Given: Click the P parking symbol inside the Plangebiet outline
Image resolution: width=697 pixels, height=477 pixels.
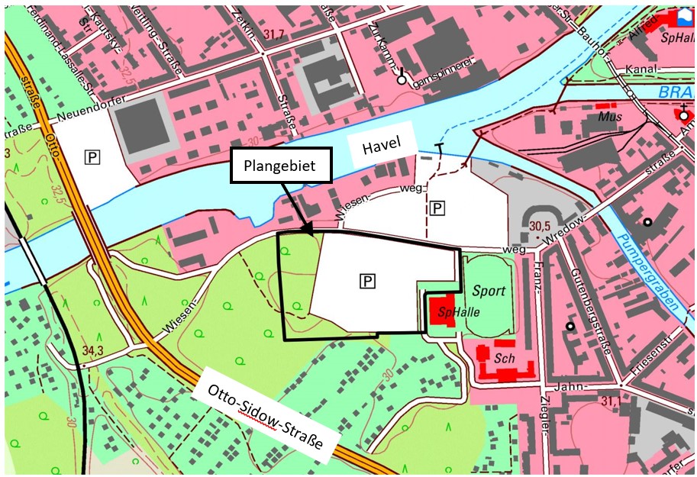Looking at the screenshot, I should click(x=368, y=282).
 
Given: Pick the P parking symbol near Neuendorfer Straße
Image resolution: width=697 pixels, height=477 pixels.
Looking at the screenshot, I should click(x=92, y=158).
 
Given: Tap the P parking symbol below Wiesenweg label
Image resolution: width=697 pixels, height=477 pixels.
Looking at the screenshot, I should click(x=437, y=207).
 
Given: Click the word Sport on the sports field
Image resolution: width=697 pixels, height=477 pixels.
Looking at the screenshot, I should click(x=488, y=291).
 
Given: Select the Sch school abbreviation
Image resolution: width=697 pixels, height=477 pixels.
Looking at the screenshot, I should click(x=502, y=357).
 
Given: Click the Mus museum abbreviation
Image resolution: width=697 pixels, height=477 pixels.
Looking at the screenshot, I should click(x=611, y=118).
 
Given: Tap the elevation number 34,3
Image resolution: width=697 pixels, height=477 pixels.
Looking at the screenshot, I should click(x=92, y=350).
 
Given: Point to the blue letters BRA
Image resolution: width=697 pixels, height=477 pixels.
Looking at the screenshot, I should click(x=673, y=93).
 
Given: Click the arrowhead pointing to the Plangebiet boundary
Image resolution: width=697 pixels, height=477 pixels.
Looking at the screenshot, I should click(x=307, y=227).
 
